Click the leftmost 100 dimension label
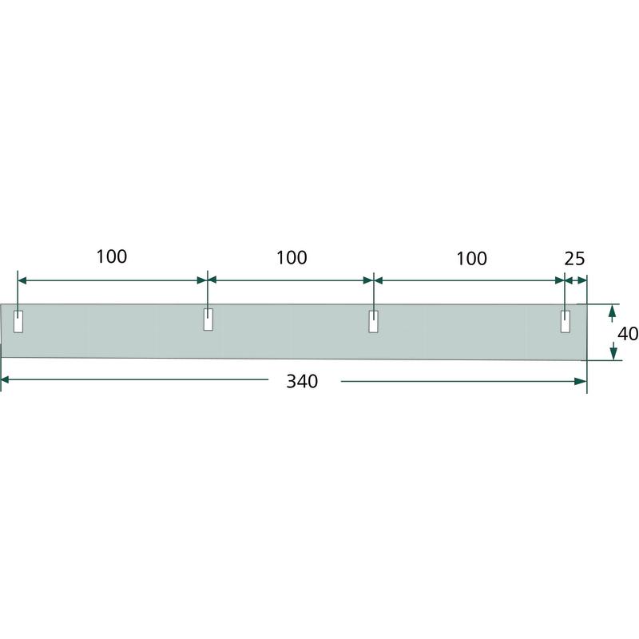pyautogui.click(x=111, y=256)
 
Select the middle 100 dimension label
pyautogui.click(x=292, y=258)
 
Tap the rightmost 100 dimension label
pyautogui.click(x=471, y=259)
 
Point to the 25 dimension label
pyautogui.click(x=574, y=259)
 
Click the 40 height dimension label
pyautogui.click(x=628, y=334)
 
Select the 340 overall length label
pyautogui.click(x=302, y=382)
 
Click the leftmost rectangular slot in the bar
pyautogui.click(x=18, y=322)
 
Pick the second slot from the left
pyautogui.click(x=208, y=319)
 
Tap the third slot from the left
pyautogui.click(x=373, y=322)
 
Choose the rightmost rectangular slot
pyautogui.click(x=566, y=322)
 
